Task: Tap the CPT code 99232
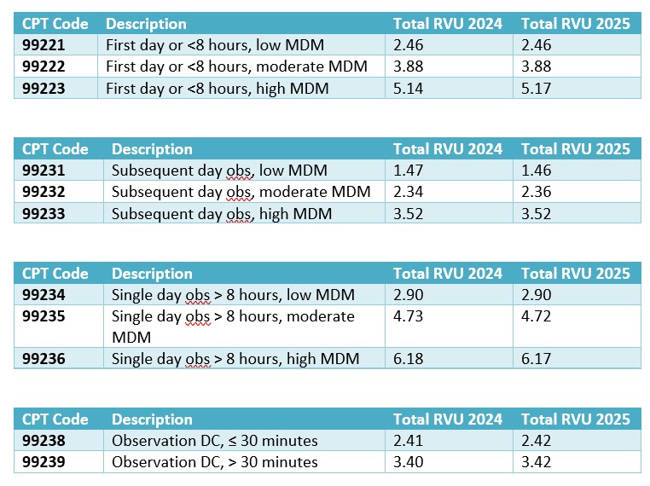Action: click(44, 192)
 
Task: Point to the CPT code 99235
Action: click(44, 316)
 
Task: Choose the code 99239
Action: click(44, 462)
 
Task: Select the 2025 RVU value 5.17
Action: click(536, 87)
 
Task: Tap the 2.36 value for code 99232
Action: click(536, 192)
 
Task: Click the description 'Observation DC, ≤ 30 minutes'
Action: click(214, 441)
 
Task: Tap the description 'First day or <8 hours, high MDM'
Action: click(215, 87)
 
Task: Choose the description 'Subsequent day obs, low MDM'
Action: click(219, 171)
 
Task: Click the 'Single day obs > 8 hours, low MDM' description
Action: click(233, 295)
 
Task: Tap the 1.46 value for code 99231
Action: click(536, 171)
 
